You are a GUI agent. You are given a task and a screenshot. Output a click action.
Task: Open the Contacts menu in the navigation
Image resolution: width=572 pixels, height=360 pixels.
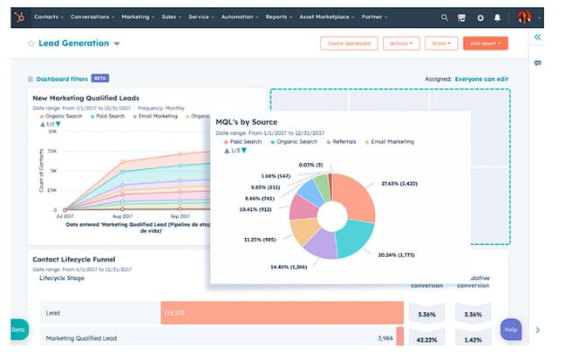(48, 17)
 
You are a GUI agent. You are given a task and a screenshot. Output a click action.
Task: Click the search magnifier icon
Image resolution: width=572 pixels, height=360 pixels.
(445, 17)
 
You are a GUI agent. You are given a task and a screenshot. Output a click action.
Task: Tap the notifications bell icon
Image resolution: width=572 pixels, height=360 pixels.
(498, 17)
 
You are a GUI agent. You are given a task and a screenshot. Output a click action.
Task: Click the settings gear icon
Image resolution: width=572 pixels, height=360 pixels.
(480, 17)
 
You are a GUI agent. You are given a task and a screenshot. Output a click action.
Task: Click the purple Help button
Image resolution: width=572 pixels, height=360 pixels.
(511, 329)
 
